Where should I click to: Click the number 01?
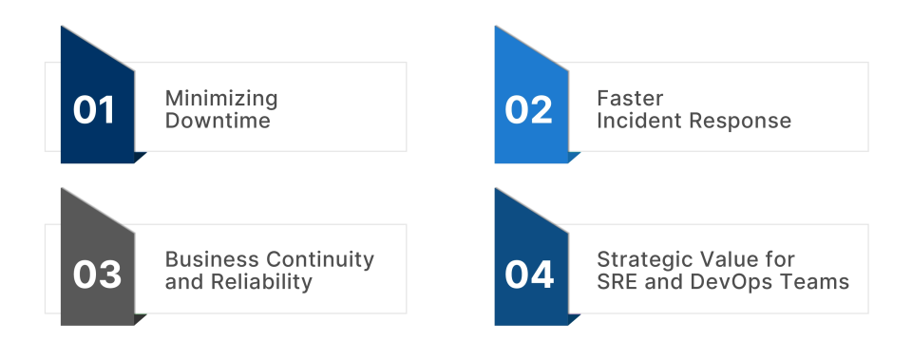(x=94, y=110)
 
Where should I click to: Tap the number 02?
(x=528, y=110)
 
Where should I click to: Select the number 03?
(x=97, y=275)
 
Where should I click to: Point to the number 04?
(x=529, y=275)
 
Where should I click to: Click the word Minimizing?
(x=221, y=99)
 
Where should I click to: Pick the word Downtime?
(x=218, y=121)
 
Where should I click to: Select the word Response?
(x=740, y=122)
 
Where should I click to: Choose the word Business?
(x=212, y=259)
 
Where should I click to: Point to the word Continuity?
(x=319, y=260)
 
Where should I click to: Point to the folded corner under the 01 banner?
(x=139, y=157)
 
